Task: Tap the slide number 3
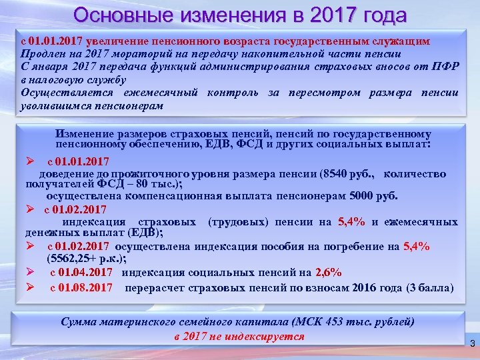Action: pos(471,343)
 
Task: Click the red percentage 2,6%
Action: pos(328,272)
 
